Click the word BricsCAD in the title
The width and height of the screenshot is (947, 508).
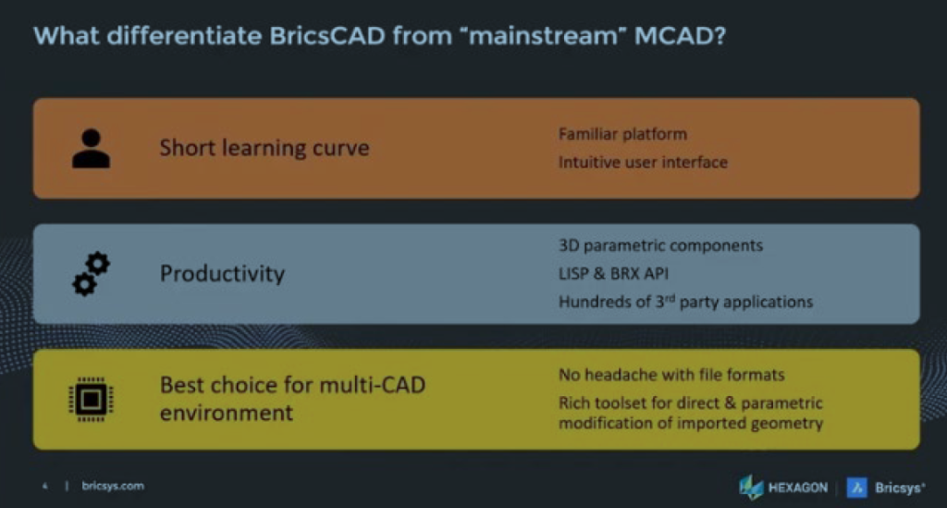[x=327, y=36]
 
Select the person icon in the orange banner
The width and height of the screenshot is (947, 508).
[x=91, y=148]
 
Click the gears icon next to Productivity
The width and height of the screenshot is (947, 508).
[x=92, y=274]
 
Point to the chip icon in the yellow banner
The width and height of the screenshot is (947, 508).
[x=91, y=399]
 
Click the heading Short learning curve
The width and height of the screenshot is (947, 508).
[x=264, y=148]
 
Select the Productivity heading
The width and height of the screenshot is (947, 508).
[x=222, y=274]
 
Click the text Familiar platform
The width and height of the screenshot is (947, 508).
[x=622, y=134]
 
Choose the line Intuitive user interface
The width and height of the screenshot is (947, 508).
[x=643, y=163]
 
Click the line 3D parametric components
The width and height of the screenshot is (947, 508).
[x=660, y=246]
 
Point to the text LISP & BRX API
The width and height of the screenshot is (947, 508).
[x=613, y=274]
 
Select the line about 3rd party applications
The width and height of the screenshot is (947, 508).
[x=685, y=302]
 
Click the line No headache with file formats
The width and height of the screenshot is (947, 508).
[x=671, y=375]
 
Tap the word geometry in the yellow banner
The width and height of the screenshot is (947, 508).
[x=787, y=424]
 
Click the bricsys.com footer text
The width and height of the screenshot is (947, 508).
[x=113, y=486]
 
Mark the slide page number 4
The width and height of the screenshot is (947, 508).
[x=44, y=486]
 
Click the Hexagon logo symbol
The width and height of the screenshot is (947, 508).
[x=751, y=488]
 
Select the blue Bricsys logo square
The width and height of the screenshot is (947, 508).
[x=856, y=488]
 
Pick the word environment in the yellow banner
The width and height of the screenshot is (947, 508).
[x=227, y=414]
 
